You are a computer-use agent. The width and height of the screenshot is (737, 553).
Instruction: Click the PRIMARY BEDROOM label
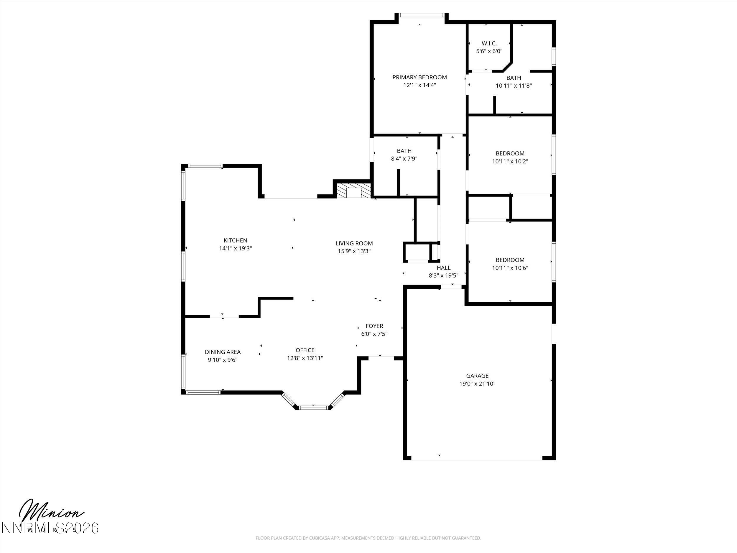(420, 77)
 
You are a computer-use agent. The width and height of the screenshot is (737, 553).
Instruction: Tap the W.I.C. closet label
(489, 43)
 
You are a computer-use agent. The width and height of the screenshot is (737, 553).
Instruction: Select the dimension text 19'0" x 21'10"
(477, 384)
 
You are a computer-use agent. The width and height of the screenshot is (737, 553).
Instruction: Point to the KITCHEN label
(235, 240)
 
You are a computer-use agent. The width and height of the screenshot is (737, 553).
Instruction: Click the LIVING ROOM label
(354, 243)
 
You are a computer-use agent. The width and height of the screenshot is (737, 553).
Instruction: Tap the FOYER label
(374, 326)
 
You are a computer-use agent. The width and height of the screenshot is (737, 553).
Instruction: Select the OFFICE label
(305, 350)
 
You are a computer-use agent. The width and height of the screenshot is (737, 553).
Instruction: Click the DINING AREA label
(223, 352)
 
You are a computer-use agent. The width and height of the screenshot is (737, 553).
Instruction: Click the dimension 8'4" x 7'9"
(404, 159)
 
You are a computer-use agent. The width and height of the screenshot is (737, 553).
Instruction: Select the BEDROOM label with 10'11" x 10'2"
(510, 153)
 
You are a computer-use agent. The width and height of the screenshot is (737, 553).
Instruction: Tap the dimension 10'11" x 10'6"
(510, 268)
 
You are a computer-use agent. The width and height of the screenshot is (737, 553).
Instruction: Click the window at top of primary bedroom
(422, 15)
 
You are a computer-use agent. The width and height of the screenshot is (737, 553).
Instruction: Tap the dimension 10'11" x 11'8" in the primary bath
(514, 86)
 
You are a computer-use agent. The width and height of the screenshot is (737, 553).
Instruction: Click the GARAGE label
(477, 376)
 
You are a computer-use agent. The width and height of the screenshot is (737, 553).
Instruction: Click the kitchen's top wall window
(205, 166)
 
